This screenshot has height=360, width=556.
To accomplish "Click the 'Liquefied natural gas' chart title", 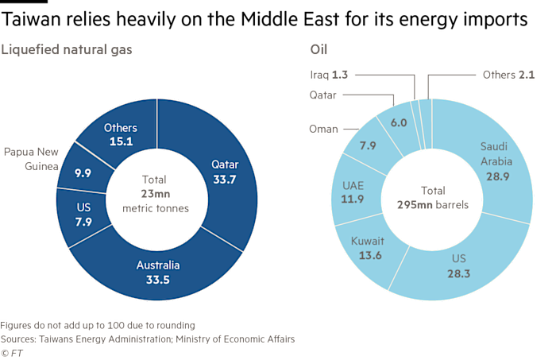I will click(x=66, y=49).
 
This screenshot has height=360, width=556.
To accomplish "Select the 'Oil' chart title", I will click(x=319, y=49).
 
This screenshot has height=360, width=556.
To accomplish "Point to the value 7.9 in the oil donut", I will click(x=368, y=145).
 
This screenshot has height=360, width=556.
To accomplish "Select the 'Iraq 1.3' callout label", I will click(x=327, y=75).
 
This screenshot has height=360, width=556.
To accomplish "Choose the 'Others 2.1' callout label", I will click(x=508, y=75).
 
